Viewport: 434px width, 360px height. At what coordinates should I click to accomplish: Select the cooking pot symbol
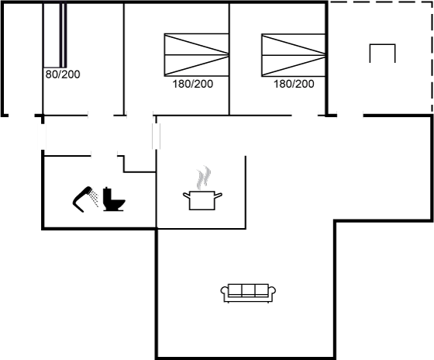coord(202,200)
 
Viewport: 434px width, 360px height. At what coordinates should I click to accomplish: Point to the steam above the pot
coord(203,178)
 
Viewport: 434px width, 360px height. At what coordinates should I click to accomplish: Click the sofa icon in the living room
coord(248,293)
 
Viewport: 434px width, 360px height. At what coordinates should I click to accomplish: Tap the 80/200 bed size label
coord(63,74)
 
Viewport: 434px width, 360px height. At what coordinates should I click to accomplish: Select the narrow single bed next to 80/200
coord(55,35)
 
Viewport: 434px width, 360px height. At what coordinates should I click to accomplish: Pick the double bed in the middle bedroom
coord(197,55)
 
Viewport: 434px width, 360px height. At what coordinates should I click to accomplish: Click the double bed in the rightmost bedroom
coord(294,55)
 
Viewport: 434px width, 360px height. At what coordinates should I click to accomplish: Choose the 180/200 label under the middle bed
coord(193,84)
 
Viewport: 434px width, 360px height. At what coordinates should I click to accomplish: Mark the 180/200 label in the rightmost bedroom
coord(294,84)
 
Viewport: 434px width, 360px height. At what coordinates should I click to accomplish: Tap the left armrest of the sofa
coord(225,292)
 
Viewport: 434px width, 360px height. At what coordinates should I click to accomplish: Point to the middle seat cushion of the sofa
coord(248,290)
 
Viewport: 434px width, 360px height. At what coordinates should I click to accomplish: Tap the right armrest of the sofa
coord(272,292)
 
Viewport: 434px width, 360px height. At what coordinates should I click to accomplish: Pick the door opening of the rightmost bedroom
coord(305,115)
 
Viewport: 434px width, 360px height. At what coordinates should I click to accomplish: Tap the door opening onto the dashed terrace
coord(350,116)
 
